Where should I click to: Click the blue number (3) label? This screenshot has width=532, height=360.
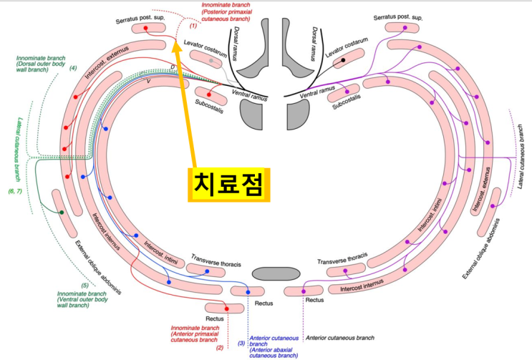click(x=241, y=344)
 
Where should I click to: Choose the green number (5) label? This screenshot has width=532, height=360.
click(x=84, y=286)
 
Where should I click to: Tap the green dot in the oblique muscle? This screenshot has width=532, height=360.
click(x=62, y=213)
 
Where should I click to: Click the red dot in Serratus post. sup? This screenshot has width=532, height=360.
click(x=146, y=29)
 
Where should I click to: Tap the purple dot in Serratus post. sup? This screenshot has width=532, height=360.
click(x=406, y=27)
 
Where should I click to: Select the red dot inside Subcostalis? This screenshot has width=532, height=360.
click(x=209, y=94)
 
